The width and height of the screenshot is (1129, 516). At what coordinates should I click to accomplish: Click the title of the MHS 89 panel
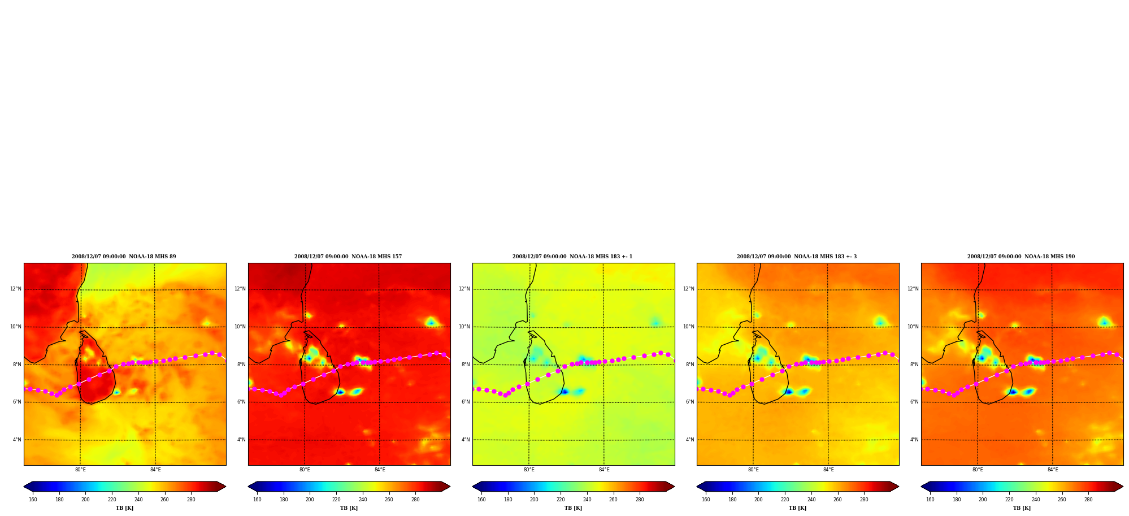click(x=124, y=257)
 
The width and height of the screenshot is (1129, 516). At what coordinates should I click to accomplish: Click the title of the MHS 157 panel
click(x=348, y=257)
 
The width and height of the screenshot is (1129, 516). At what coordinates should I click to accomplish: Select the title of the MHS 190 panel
click(x=1021, y=257)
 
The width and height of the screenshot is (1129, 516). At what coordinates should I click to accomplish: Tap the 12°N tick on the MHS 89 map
click(x=16, y=289)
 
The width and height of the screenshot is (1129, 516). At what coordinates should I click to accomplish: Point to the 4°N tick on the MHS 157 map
click(x=241, y=440)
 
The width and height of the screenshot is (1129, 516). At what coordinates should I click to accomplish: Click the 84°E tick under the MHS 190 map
click(x=1053, y=470)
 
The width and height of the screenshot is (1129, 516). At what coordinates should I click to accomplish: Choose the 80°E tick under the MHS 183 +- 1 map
click(x=529, y=470)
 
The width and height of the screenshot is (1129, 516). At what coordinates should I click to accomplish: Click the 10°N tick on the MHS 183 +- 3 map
click(x=689, y=327)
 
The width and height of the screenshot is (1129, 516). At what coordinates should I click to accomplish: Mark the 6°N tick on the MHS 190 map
click(x=914, y=402)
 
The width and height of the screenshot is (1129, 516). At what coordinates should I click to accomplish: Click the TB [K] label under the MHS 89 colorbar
click(x=125, y=508)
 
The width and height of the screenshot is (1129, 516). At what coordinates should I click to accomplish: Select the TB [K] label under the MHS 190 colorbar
click(x=1022, y=508)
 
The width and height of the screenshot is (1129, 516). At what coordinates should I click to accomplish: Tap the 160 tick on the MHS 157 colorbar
click(x=257, y=500)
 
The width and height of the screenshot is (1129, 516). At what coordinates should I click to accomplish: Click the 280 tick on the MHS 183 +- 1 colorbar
click(x=640, y=500)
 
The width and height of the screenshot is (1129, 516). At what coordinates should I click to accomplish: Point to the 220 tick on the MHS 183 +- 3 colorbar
click(x=785, y=500)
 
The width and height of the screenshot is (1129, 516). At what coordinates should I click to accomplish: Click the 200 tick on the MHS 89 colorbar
click(x=85, y=500)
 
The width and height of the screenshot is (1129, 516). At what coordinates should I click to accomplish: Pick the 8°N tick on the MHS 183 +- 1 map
click(x=466, y=365)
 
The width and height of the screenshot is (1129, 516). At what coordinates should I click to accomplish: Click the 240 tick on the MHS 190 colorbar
click(x=1036, y=500)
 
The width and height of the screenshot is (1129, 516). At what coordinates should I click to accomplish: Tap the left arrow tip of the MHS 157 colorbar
click(x=249, y=487)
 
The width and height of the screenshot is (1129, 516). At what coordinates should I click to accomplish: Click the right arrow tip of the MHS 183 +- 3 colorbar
click(x=898, y=487)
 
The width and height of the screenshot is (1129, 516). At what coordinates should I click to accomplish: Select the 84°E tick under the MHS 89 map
click(x=155, y=470)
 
